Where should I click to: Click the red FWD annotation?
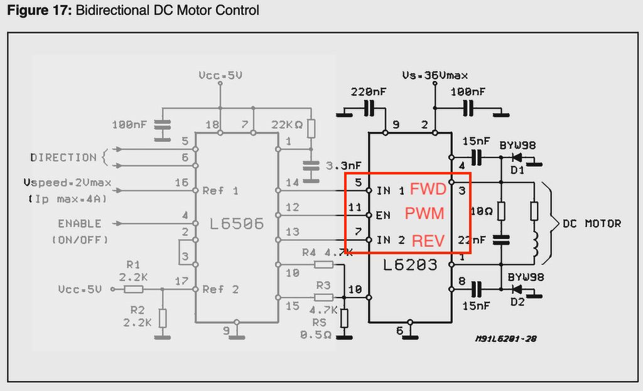[x=428, y=190]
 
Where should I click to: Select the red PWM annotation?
[x=424, y=214]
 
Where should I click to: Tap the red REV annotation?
[x=428, y=240]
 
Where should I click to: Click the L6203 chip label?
[x=410, y=265]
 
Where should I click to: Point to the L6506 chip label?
[x=237, y=223]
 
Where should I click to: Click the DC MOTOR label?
[x=592, y=223]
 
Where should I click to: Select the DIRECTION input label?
[x=63, y=158]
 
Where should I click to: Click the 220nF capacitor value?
[x=369, y=92]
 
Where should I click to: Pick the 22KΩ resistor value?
[x=287, y=125]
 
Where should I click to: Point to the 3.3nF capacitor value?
[x=343, y=166]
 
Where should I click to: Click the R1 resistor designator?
[x=132, y=264]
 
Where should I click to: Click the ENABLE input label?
[x=80, y=223]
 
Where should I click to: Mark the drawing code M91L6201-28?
[x=505, y=339]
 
